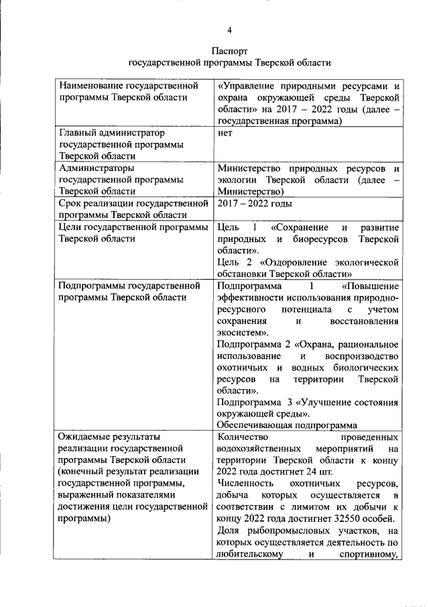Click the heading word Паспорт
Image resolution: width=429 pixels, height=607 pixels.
point(230,50)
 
